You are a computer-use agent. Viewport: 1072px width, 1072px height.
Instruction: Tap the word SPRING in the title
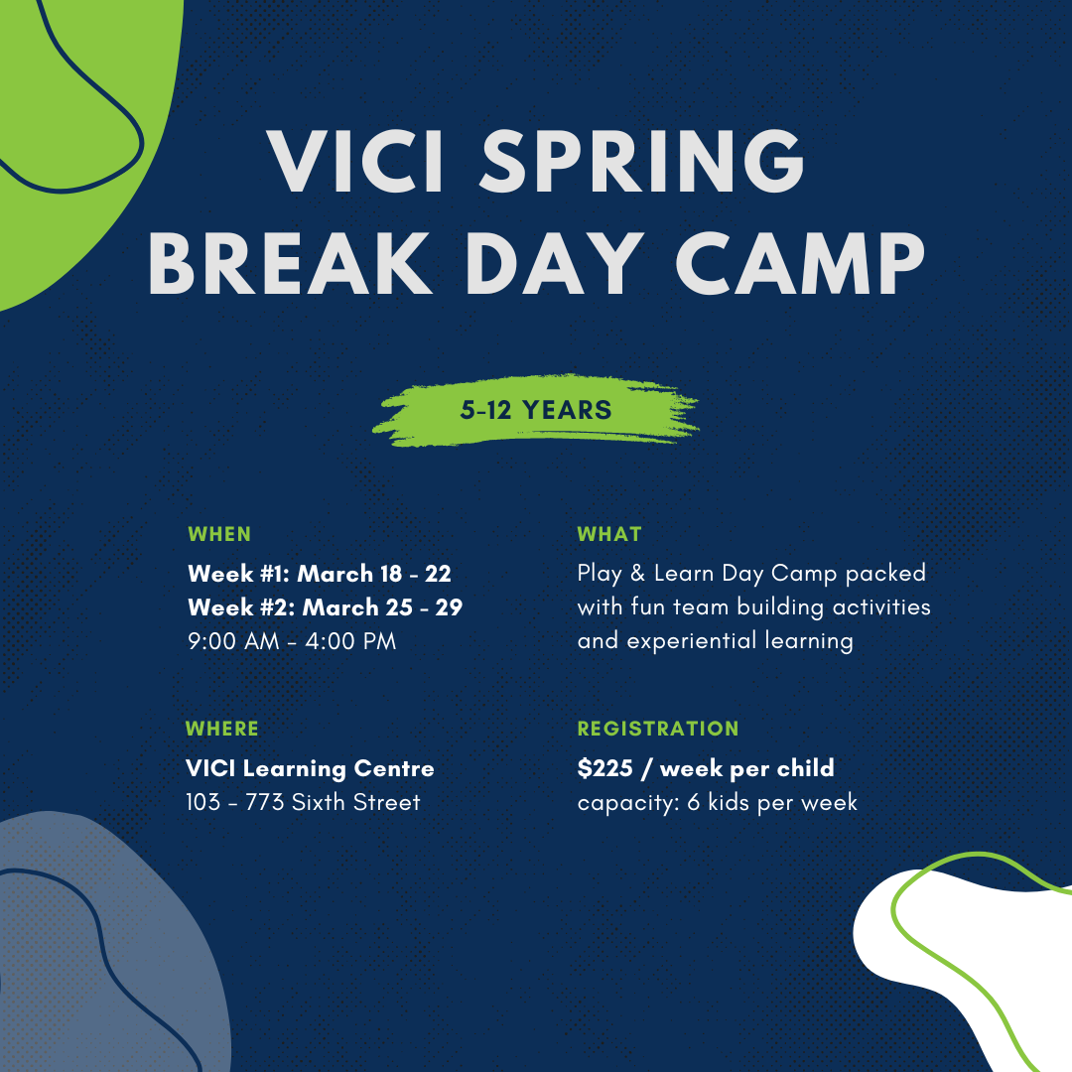(x=640, y=163)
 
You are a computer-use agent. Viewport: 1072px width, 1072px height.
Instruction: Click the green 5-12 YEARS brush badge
(x=536, y=410)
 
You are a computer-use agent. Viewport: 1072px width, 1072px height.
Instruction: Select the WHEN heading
(x=219, y=534)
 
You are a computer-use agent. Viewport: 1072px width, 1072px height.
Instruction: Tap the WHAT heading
(x=609, y=534)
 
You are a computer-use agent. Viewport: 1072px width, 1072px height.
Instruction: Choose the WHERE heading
(x=222, y=729)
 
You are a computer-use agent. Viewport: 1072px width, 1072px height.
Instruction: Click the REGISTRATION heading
(x=658, y=729)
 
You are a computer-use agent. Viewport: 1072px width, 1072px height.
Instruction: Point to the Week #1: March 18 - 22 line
(x=319, y=574)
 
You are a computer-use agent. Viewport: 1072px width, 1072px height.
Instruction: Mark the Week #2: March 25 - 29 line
(x=325, y=607)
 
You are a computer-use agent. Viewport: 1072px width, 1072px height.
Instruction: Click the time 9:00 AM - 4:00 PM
(x=292, y=641)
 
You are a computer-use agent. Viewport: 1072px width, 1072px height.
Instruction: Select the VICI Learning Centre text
(x=310, y=768)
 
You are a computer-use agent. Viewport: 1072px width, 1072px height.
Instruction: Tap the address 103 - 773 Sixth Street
(x=303, y=802)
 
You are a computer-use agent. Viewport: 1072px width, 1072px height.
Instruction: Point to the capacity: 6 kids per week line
(x=717, y=802)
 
